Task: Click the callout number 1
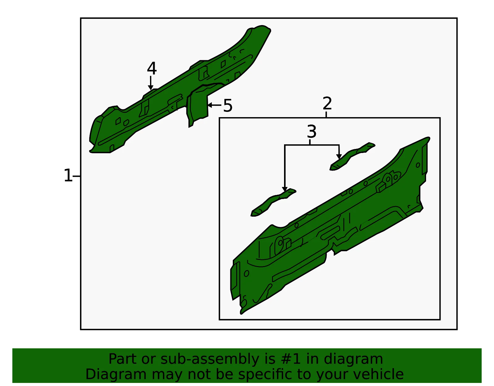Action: point(68,175)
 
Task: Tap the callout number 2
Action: point(327,103)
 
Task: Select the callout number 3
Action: point(312,131)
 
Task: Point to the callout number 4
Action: point(152,68)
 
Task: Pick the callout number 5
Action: point(228,106)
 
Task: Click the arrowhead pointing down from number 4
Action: point(150,87)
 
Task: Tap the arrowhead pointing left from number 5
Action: point(210,105)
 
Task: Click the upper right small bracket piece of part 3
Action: point(352,156)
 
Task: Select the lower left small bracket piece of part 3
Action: point(273,202)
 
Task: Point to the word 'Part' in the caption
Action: point(123,359)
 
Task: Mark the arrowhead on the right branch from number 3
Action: point(339,156)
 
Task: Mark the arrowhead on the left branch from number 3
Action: point(285,189)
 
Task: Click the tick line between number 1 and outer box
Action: point(76,176)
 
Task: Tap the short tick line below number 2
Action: point(326,114)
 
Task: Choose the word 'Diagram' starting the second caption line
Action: point(116,375)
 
